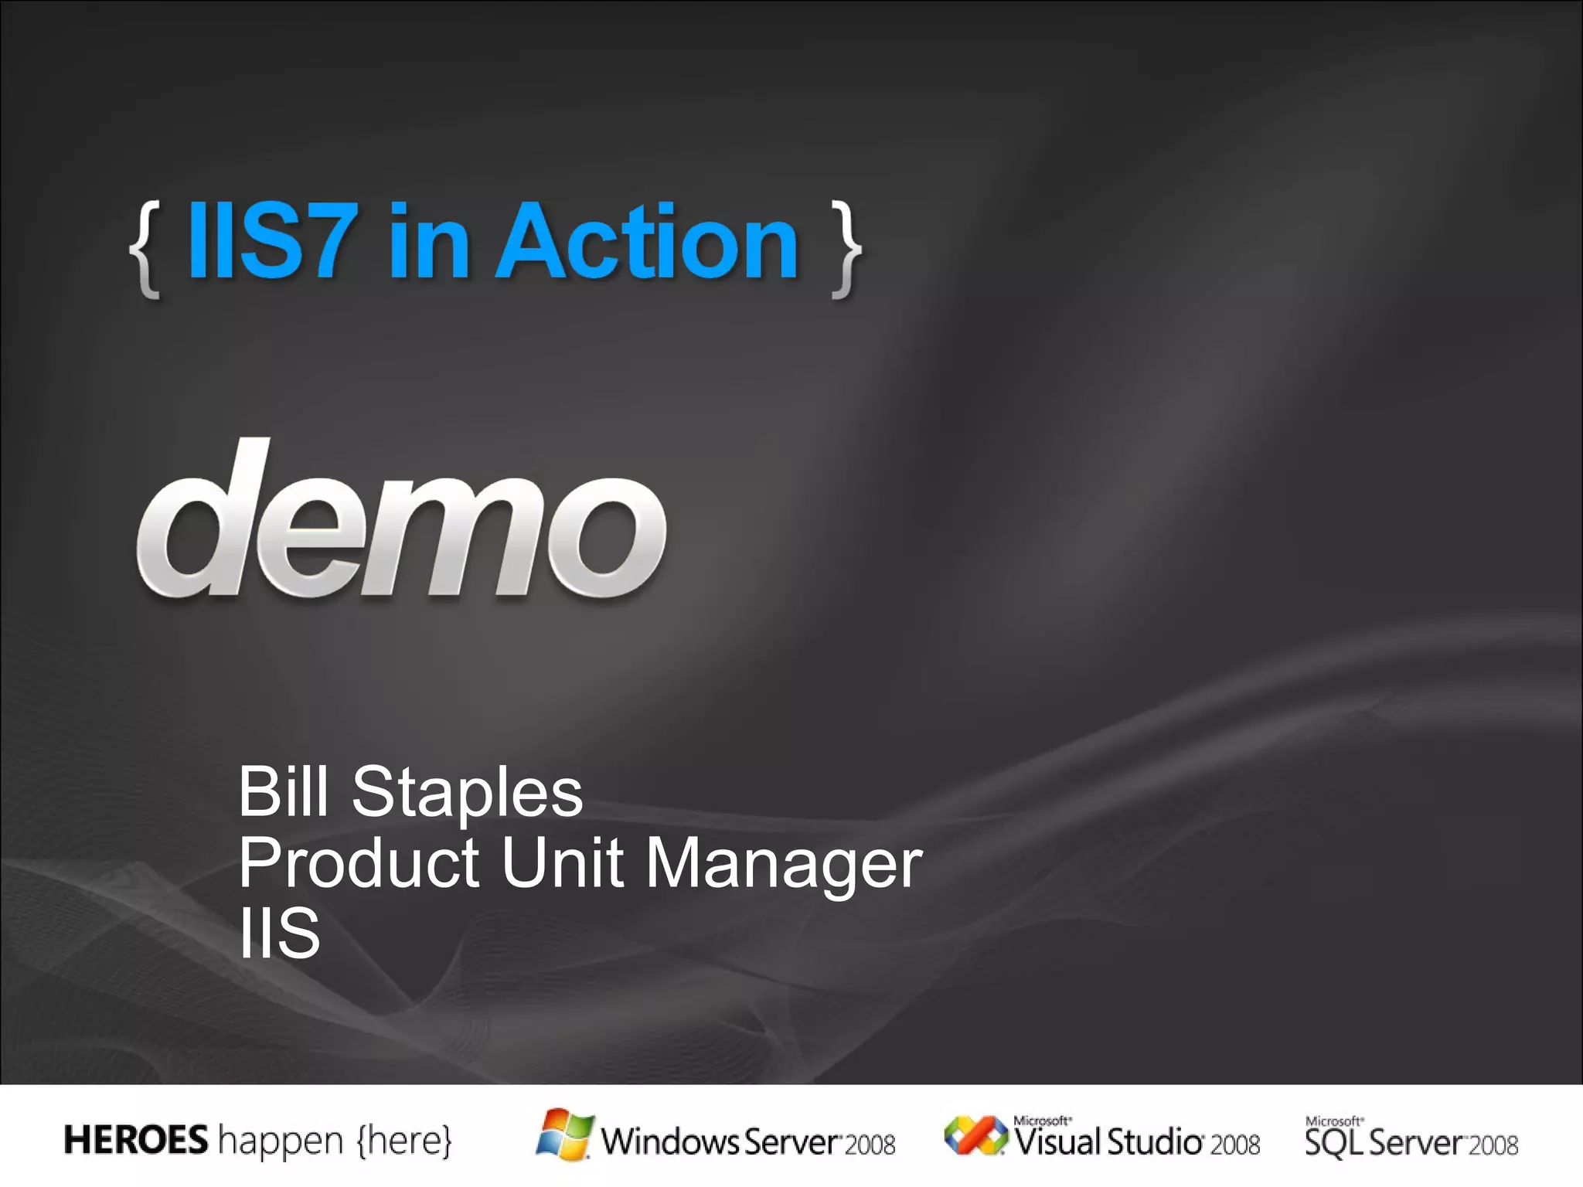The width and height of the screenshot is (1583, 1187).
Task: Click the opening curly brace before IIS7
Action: pos(145,250)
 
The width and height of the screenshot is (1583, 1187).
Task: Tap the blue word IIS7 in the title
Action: pos(271,240)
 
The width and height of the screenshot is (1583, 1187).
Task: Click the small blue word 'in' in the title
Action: pos(429,243)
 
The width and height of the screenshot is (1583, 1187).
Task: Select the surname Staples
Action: pos(467,793)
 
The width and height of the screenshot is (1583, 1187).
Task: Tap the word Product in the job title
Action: pos(359,862)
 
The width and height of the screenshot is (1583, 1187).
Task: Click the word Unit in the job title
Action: pos(562,862)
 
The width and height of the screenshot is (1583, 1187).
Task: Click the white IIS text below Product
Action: pos(279,933)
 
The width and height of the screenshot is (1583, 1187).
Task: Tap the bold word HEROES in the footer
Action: pos(136,1140)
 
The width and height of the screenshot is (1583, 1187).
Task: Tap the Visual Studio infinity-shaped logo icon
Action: pos(975,1136)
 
